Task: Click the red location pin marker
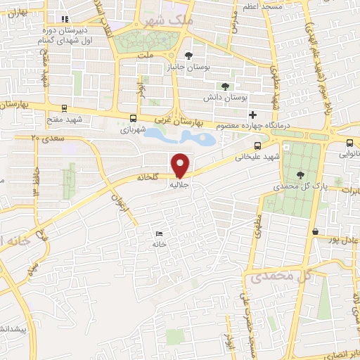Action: [181, 165]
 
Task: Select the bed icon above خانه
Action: [159, 233]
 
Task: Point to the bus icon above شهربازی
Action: [134, 118]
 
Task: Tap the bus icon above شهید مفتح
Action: [65, 108]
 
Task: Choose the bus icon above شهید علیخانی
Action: [258, 144]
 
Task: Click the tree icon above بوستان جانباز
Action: [188, 56]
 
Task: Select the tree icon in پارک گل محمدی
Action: [301, 174]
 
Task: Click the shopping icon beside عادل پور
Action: [316, 231]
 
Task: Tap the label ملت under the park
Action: [145, 54]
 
